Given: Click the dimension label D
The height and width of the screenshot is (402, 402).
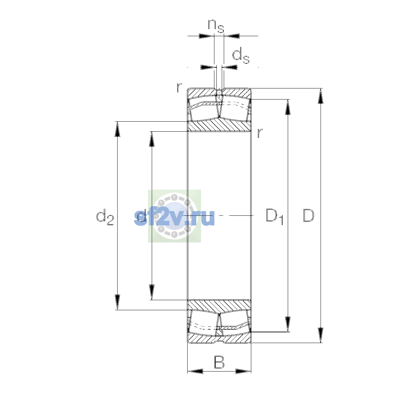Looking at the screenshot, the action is [308, 215].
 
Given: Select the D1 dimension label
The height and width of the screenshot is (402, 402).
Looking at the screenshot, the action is [274, 216].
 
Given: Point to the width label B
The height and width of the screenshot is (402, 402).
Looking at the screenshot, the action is [219, 362].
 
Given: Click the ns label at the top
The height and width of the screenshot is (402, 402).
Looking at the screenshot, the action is [216, 26].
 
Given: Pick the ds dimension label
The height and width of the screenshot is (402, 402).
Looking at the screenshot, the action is [241, 55].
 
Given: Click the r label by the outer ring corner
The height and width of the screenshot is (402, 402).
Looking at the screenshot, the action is [179, 88].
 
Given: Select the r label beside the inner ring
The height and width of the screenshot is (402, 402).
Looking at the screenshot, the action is [260, 133].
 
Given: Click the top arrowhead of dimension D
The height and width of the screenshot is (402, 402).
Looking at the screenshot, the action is [321, 96].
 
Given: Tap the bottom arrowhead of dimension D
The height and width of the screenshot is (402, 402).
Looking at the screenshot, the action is [321, 335].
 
